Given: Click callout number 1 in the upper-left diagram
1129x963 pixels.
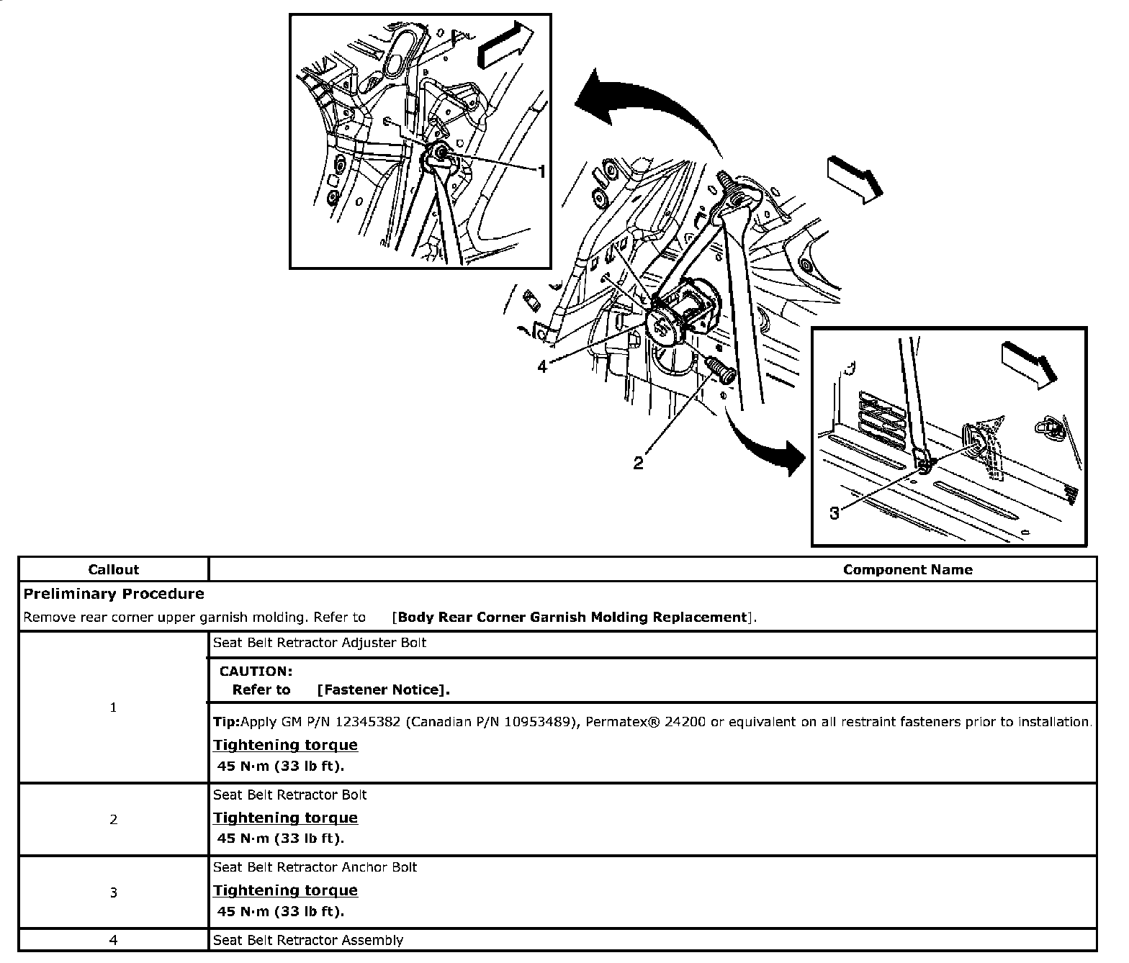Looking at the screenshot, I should tap(541, 172).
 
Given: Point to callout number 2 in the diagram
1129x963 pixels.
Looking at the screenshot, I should tap(638, 464).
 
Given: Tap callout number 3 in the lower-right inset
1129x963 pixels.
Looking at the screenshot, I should tap(835, 513).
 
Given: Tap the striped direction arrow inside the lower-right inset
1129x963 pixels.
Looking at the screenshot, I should tap(1029, 360).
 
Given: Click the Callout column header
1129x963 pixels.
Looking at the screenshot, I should tap(113, 569).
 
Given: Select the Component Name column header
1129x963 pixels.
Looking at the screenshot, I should tap(907, 569).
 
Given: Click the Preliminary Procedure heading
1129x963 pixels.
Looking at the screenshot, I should tap(114, 594).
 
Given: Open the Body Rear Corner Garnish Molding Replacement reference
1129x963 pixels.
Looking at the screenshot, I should tap(573, 617).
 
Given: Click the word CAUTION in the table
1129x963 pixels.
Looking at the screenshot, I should tap(256, 671).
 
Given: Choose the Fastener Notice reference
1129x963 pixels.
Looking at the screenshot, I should tap(383, 690).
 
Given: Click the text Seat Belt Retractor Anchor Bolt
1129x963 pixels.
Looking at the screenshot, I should tap(315, 867).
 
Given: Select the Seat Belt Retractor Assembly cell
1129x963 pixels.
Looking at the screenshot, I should tap(307, 940).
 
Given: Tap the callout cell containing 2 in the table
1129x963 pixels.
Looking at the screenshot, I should tap(113, 819).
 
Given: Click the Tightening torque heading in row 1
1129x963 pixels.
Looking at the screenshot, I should tap(285, 744).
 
